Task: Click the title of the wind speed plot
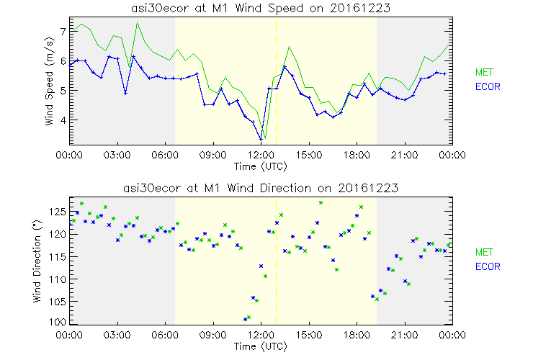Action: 260,8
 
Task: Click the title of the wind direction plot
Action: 260,188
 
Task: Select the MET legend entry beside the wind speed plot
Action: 485,72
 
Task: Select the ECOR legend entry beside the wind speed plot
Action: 488,86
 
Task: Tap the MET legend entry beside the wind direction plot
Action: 485,252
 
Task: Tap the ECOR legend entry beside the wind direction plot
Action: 488,266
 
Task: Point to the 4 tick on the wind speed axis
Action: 63,120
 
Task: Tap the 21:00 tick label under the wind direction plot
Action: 404,335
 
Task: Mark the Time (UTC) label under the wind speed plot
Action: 260,166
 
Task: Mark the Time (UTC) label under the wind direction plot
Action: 260,346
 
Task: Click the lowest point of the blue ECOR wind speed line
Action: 261,139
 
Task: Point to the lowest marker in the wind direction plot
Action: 246,318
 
